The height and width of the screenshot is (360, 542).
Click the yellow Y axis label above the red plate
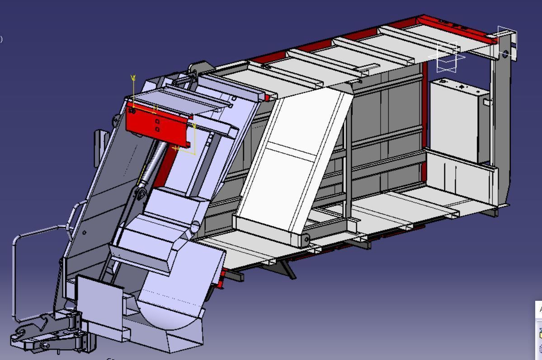[133, 78]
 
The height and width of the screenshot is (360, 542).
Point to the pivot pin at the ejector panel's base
[306, 238]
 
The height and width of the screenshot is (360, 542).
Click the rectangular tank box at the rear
[457, 120]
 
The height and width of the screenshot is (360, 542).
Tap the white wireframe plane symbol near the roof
[448, 56]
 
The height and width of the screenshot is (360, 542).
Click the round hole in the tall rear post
[505, 54]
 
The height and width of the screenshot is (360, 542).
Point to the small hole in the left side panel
[85, 233]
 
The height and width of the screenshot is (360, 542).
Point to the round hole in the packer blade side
[195, 226]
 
